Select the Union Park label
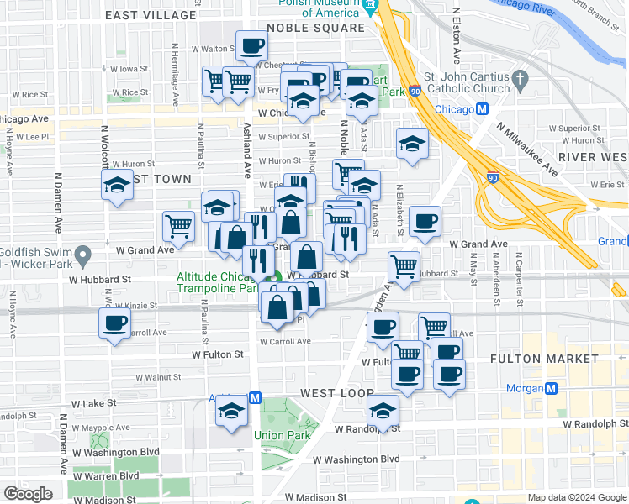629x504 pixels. [283, 435]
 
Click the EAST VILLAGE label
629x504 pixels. [152, 15]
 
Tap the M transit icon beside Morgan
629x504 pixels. [551, 388]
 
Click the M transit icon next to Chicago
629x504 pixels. [483, 110]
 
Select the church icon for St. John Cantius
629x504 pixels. [521, 80]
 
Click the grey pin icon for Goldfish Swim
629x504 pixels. [82, 254]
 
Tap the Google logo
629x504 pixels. [27, 494]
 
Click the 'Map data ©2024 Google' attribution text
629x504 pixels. [576, 497]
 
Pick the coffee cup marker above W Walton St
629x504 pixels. [251, 45]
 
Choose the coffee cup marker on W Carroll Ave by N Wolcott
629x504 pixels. [114, 323]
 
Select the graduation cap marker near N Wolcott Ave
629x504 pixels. [117, 186]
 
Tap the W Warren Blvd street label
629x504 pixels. [107, 475]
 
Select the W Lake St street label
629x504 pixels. [92, 403]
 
